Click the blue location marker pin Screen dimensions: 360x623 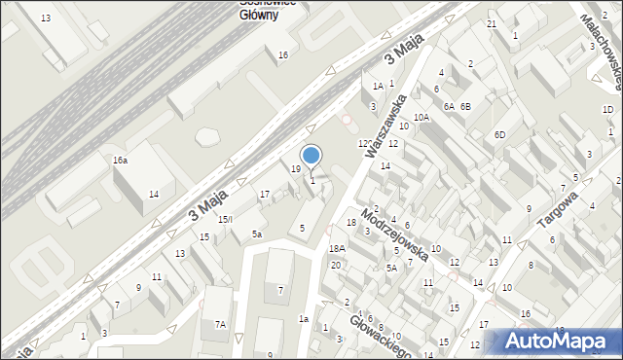pos(311,156)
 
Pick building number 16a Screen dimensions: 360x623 pos(120,160)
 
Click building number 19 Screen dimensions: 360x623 pos(296,169)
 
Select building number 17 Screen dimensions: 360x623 pos(264,195)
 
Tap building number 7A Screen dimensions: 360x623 pos(221,324)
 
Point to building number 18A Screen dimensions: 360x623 pos(337,249)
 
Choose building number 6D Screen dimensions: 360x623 pos(499,134)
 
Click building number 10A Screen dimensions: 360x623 pos(421,117)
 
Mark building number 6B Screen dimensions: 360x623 pos(465,106)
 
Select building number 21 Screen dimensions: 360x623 pos(492,23)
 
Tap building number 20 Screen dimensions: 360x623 pos(335,265)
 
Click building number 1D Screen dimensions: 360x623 pos(607,110)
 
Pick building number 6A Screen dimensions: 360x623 pos(449,106)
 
